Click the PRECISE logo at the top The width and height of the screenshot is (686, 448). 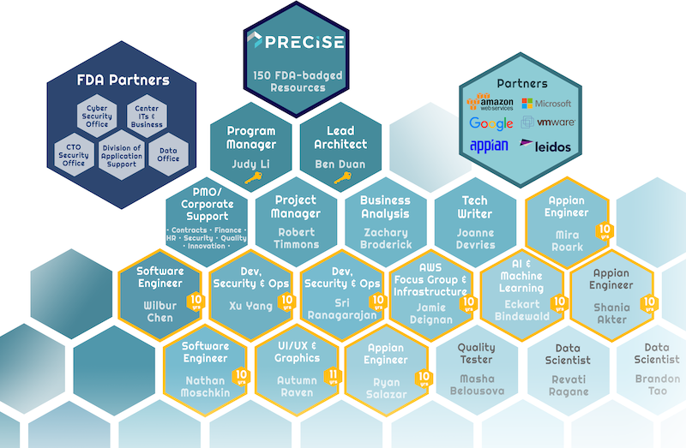pyautogui.click(x=295, y=42)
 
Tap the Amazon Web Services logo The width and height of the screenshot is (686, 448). pyautogui.click(x=490, y=104)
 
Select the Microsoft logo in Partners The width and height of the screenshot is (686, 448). pyautogui.click(x=546, y=103)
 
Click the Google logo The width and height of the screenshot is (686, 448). pyautogui.click(x=490, y=124)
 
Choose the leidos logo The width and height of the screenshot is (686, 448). pyautogui.click(x=545, y=146)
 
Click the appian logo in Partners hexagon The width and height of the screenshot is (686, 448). pyautogui.click(x=489, y=146)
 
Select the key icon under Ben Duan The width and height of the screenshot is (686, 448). pyautogui.click(x=341, y=178)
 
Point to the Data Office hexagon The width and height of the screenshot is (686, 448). pyautogui.click(x=169, y=154)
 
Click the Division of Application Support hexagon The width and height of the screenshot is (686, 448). pyautogui.click(x=121, y=156)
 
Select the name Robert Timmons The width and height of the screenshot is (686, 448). pyautogui.click(x=296, y=237)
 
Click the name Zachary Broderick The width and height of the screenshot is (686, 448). pyautogui.click(x=385, y=237)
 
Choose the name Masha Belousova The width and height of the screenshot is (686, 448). pyautogui.click(x=477, y=385)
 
